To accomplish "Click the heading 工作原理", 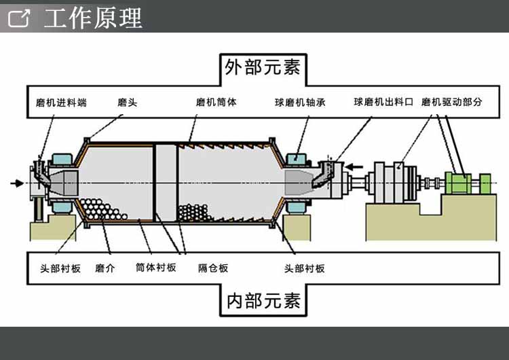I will pos(93,18).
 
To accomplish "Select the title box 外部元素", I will pos(263,67).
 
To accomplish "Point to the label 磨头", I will pos(127,103).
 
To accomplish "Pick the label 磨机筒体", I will pos(216,103).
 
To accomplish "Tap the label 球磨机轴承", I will pos(301,103).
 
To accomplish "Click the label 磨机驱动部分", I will pos(451,103).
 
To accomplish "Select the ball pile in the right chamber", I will pos(197,213).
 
